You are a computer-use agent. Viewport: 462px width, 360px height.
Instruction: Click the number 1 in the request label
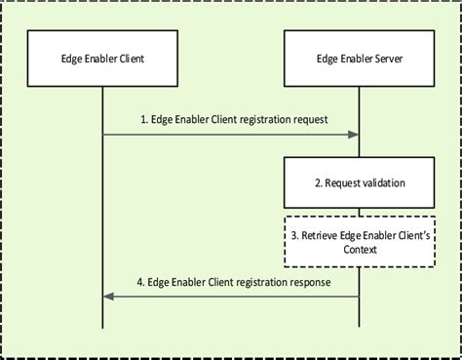(141, 122)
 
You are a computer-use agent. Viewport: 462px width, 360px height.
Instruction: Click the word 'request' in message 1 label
(306, 122)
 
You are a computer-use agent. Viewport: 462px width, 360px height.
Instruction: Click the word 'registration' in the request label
(256, 122)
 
